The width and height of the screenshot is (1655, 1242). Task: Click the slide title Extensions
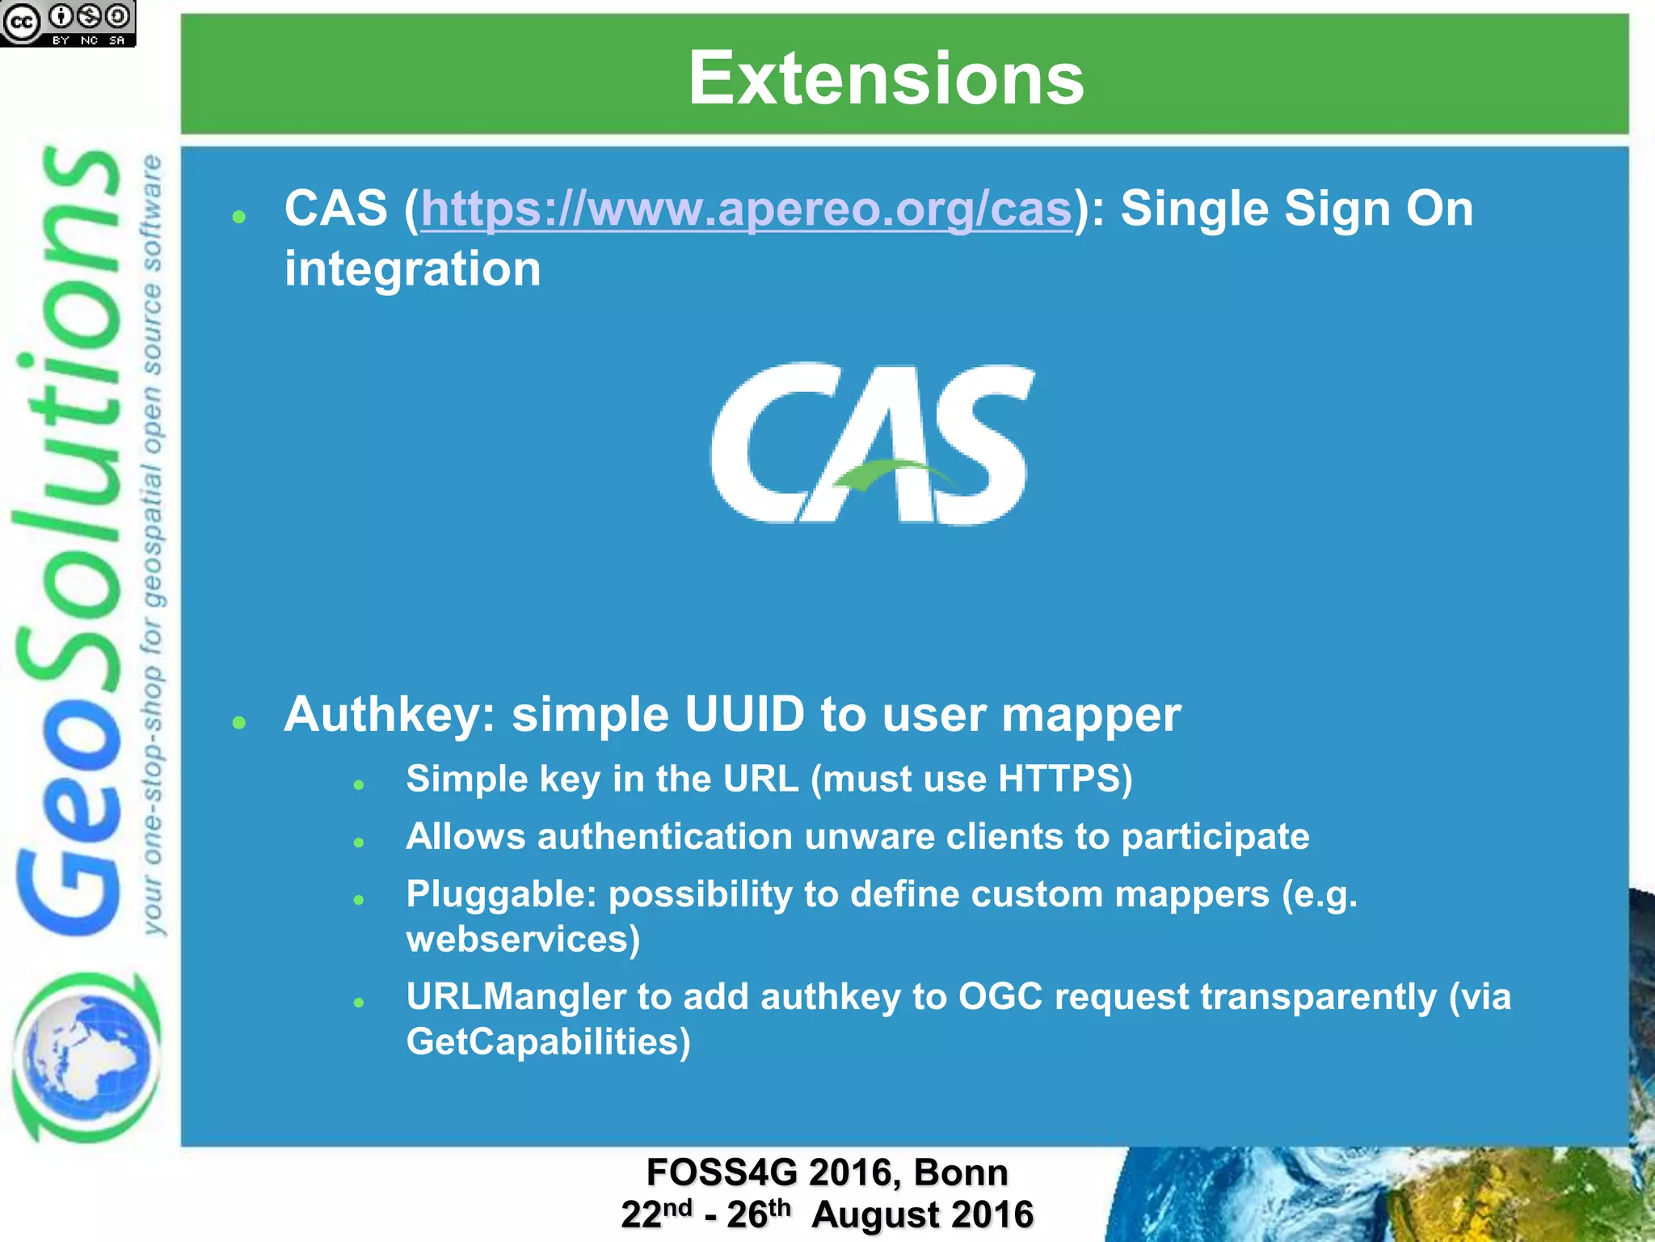pos(886,78)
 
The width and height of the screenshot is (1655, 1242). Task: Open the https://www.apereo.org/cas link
pos(746,209)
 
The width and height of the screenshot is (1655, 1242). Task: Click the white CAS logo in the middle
pos(872,443)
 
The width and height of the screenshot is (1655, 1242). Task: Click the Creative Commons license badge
pos(68,23)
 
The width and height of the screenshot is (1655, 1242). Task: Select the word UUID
pos(744,715)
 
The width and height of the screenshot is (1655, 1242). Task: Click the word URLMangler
pos(516,996)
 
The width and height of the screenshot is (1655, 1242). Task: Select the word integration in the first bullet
pos(412,268)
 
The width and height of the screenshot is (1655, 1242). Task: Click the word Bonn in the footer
pos(961,1172)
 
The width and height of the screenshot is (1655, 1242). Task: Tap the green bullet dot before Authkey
pos(238,722)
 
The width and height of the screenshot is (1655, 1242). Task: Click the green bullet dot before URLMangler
pos(360,1003)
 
